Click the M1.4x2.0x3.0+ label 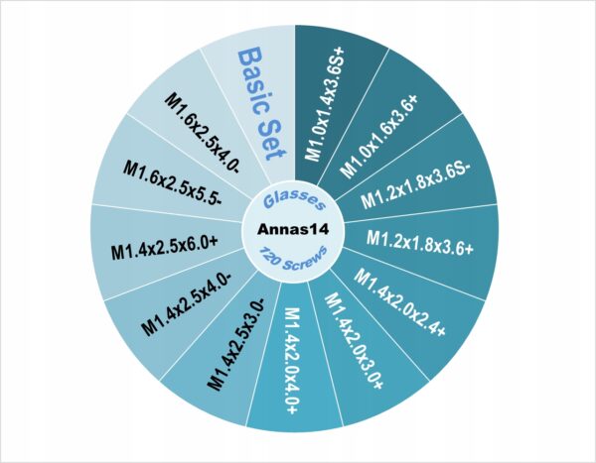354,343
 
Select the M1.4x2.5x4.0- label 190,304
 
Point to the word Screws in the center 304,264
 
